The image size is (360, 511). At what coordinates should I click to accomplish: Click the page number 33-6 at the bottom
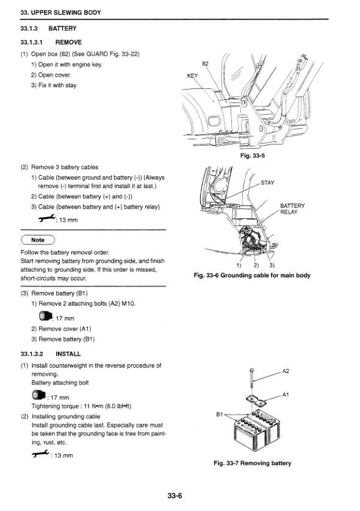point(175,496)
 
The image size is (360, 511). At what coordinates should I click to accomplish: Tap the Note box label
point(38,240)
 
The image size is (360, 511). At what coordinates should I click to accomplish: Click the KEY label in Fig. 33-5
point(192,76)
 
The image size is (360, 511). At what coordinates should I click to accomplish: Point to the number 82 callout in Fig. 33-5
point(205,63)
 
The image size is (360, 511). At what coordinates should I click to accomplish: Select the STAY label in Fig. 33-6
point(268,183)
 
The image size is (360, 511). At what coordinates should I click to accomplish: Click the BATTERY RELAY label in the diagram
point(292,209)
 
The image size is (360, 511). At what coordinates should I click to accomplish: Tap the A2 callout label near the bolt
point(286,371)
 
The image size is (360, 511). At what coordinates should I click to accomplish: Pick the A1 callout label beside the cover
point(286,395)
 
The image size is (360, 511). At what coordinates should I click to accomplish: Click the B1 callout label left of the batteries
point(220,415)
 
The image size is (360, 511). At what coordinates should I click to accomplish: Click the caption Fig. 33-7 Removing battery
point(253,463)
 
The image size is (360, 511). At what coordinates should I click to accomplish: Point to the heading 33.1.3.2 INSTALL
point(51,354)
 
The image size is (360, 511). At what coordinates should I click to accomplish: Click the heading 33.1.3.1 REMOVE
point(51,42)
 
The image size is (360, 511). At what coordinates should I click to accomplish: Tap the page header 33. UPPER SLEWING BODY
point(60,13)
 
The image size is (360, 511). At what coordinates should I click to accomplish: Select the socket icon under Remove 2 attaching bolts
point(45,316)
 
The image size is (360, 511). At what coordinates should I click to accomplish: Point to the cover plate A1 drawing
point(256,401)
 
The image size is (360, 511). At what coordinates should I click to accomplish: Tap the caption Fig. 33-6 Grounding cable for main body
point(252,276)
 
